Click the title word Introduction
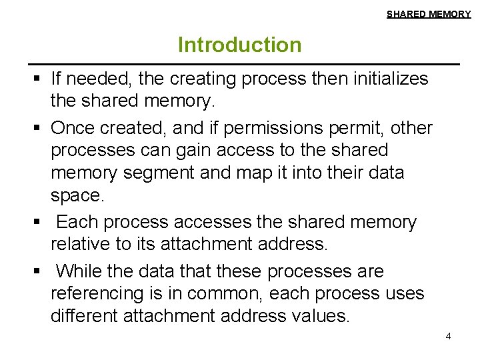coord(239,45)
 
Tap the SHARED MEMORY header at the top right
coord(429,14)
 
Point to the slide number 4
coord(448,336)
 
